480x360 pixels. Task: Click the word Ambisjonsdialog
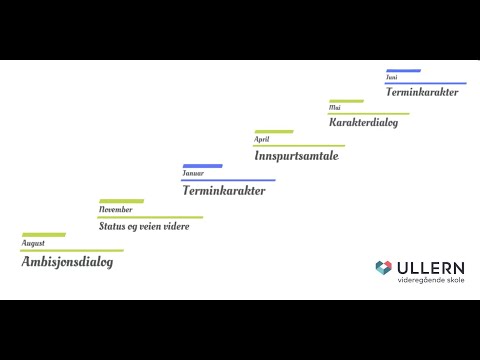(67, 262)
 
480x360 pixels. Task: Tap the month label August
(33, 243)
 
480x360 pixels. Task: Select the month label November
(115, 209)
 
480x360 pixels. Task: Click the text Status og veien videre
(144, 226)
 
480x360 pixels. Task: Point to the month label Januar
(193, 173)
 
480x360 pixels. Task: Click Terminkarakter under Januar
(224, 190)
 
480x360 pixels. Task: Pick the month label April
(262, 139)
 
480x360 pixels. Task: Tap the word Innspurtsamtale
(297, 155)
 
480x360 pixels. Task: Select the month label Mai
(335, 107)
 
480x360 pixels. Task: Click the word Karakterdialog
(364, 123)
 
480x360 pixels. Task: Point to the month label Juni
(392, 77)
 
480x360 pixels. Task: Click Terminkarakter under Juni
(422, 92)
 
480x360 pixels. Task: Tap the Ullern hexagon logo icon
(383, 268)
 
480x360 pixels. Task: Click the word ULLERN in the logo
(431, 267)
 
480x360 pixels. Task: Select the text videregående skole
(431, 281)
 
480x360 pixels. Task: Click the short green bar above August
(43, 235)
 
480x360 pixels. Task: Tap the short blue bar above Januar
(202, 165)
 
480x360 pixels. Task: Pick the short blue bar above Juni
(403, 70)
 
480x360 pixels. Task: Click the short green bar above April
(274, 131)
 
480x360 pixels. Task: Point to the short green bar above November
(121, 201)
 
